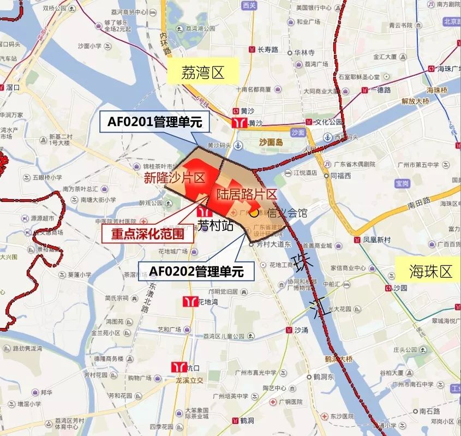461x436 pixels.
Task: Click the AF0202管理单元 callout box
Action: [196, 271]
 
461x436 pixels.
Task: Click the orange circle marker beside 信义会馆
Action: [254, 213]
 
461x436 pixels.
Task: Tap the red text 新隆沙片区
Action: [174, 178]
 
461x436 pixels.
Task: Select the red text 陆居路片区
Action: [247, 194]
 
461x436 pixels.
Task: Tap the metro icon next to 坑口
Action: [178, 367]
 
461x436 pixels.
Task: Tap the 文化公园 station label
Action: [330, 121]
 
